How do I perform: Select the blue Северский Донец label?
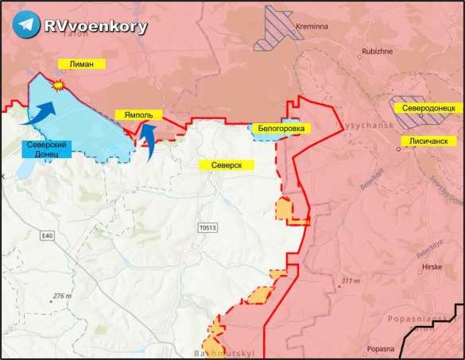click(46, 149)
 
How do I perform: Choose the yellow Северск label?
click(227, 165)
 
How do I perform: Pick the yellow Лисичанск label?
click(429, 139)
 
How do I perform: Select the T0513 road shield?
click(207, 227)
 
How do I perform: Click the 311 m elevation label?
click(349, 281)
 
